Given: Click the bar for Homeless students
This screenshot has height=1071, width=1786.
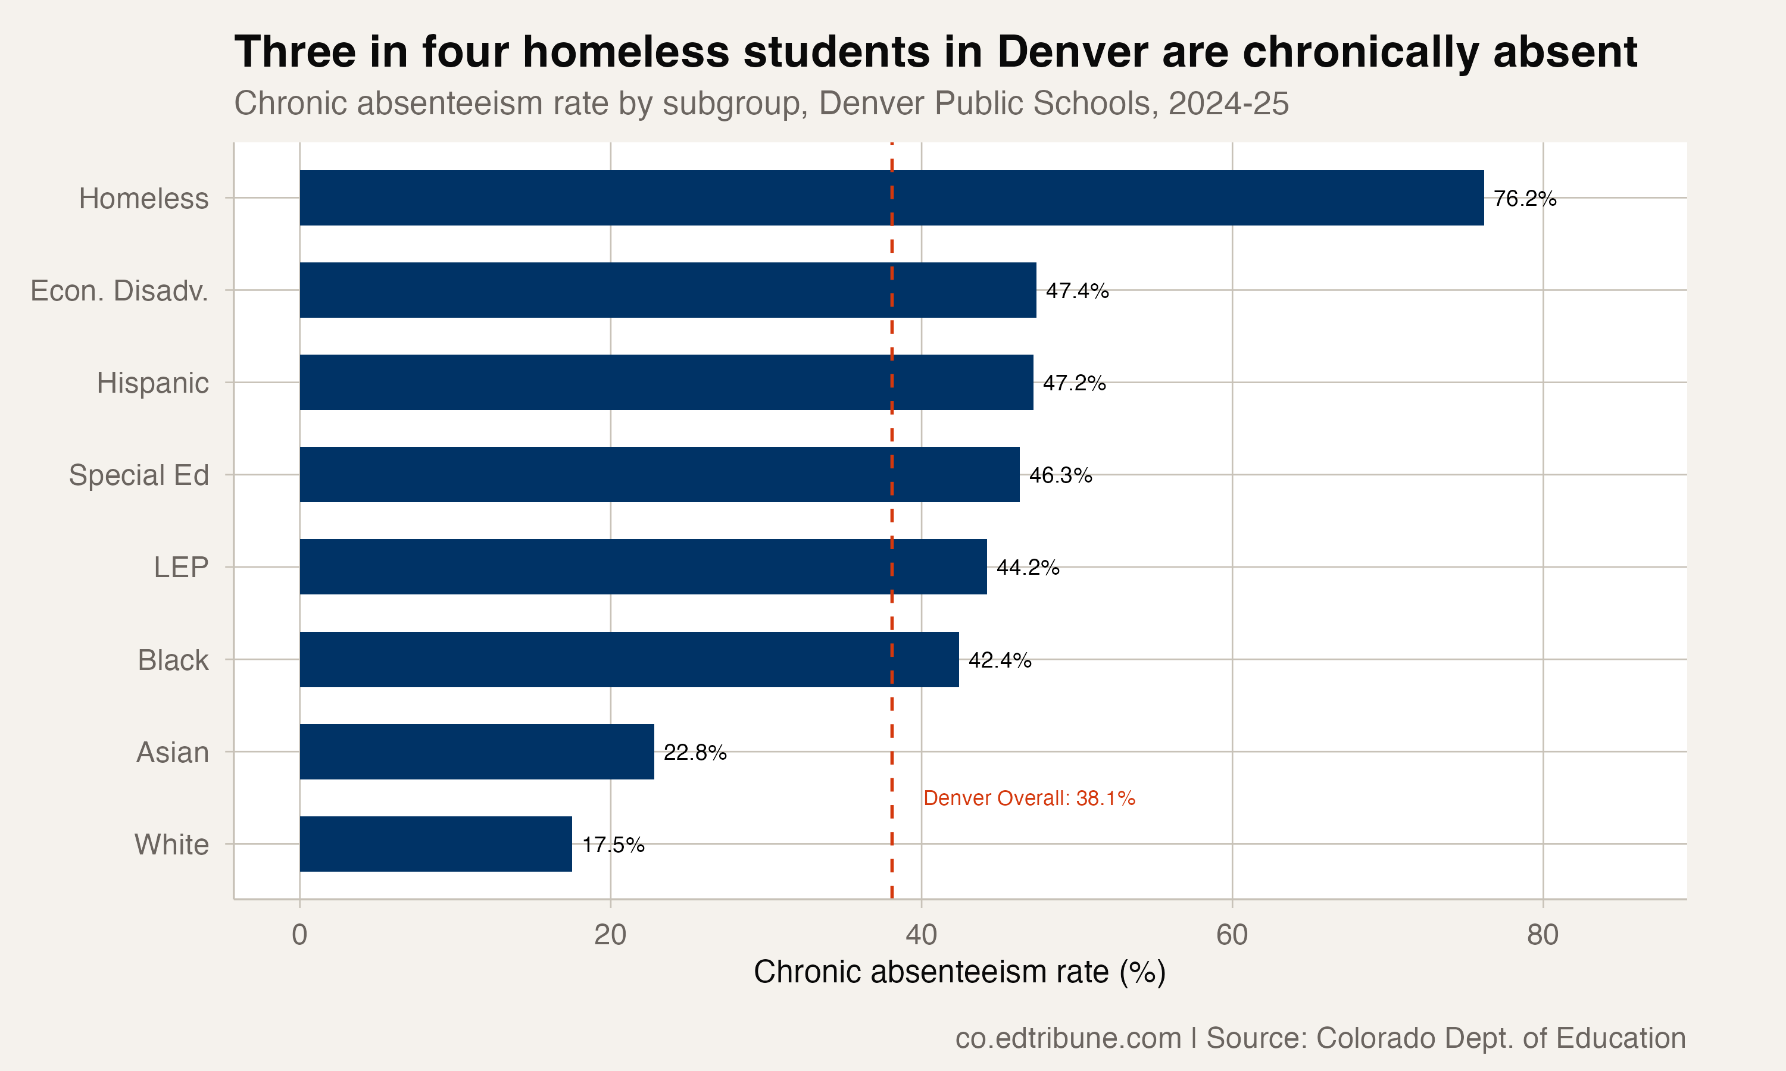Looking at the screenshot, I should tap(892, 198).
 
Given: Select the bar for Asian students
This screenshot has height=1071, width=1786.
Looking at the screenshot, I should tap(476, 752).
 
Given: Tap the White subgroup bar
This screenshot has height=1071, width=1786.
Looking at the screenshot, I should tap(435, 844).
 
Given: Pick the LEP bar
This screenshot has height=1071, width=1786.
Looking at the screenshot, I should tap(642, 567).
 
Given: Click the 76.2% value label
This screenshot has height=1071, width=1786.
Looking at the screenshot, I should tap(1525, 199).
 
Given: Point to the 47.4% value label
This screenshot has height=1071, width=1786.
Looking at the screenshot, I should tap(1077, 291).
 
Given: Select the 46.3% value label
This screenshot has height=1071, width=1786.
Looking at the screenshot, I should tap(1060, 475).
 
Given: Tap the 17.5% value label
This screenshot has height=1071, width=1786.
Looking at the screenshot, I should tap(613, 845).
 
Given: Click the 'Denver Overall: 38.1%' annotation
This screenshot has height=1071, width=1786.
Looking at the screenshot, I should tap(1029, 798).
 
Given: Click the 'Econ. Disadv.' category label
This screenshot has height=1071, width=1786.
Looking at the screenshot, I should tap(119, 291).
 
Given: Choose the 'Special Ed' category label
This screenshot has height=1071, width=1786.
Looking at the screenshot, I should tap(139, 475).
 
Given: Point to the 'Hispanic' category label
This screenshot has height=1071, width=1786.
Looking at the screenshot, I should tap(152, 383).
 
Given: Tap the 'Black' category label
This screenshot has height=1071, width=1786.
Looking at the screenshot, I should tap(173, 660).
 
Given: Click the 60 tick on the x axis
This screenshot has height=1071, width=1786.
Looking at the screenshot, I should tap(1232, 935).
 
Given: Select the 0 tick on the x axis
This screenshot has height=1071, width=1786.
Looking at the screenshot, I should tap(299, 935).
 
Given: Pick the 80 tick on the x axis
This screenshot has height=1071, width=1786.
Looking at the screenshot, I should tap(1543, 935).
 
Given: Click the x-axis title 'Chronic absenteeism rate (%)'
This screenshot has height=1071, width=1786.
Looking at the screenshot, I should tap(960, 972).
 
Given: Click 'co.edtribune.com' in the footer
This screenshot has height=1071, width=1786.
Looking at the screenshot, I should tap(1067, 1038).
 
